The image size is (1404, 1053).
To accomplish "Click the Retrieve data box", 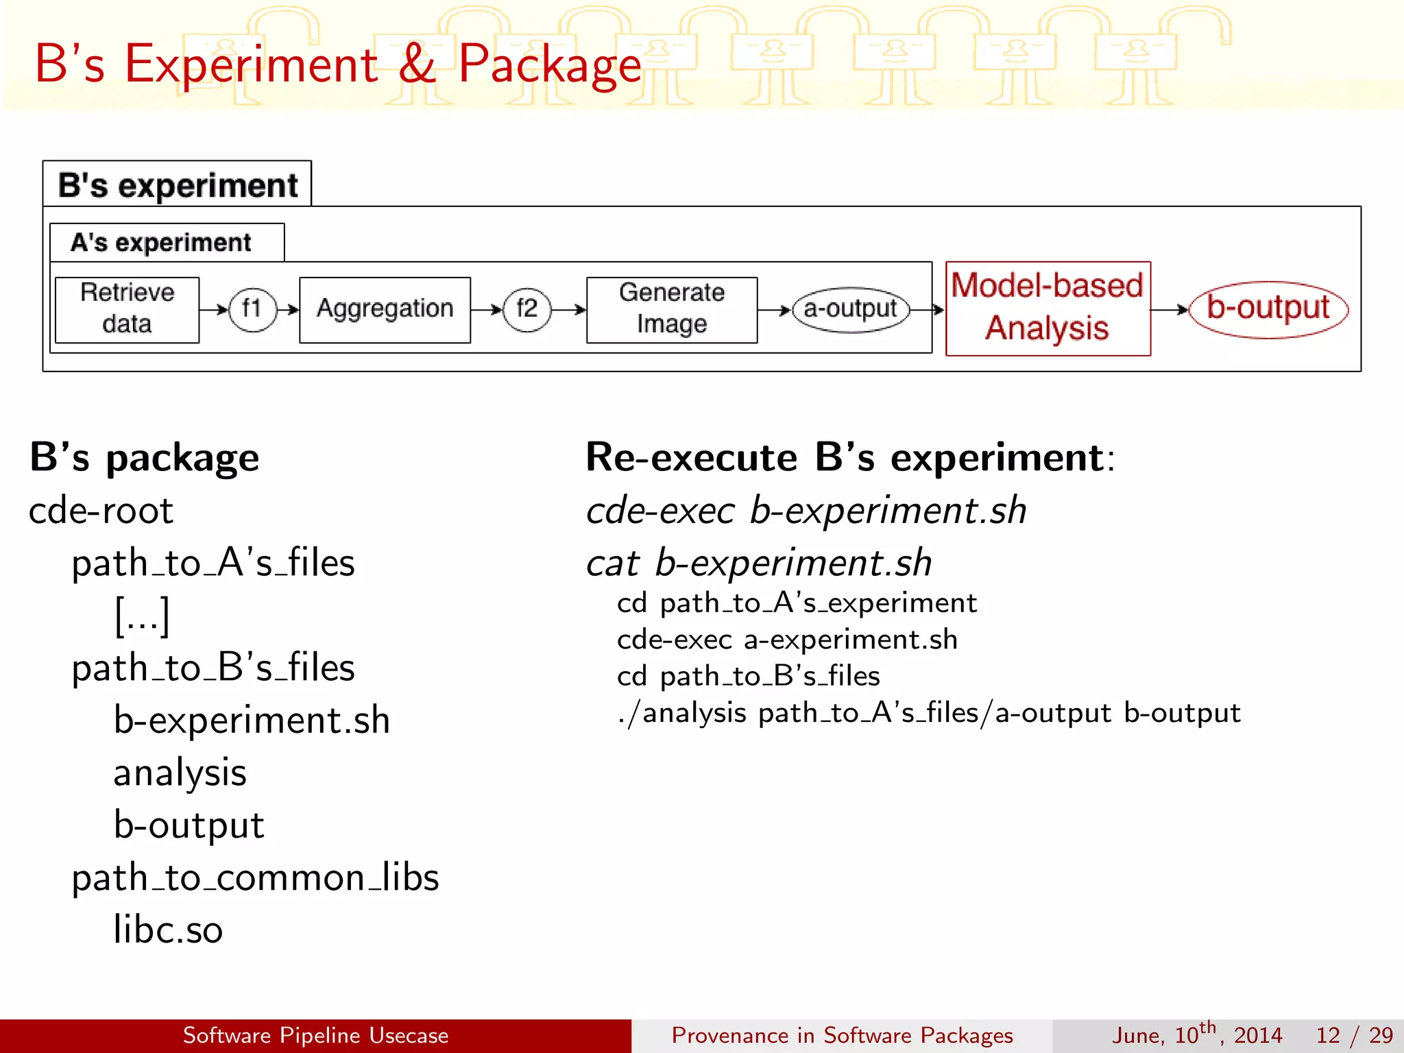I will click(x=127, y=309).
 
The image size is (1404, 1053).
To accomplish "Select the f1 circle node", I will click(x=252, y=309).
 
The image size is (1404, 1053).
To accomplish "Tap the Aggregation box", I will click(x=385, y=309).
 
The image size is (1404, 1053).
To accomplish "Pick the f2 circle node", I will click(x=526, y=309).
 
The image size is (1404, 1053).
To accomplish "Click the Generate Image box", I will click(x=672, y=309).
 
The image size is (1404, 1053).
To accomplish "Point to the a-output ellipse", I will click(x=850, y=309).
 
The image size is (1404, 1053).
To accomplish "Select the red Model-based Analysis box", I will click(x=1048, y=308).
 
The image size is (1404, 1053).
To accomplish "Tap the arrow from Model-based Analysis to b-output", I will click(x=1169, y=310).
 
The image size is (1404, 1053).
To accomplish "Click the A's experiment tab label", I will click(x=161, y=243).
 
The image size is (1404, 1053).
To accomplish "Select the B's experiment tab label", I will click(x=178, y=185).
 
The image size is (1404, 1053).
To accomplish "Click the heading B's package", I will click(x=145, y=457).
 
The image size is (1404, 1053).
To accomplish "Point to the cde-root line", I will click(x=101, y=511).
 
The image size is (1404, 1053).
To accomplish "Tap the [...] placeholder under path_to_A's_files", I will click(x=142, y=615).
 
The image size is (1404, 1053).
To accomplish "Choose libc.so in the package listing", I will click(x=168, y=930).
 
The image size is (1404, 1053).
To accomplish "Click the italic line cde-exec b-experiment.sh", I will click(x=806, y=511).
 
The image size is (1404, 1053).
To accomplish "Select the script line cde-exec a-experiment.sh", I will click(x=787, y=640).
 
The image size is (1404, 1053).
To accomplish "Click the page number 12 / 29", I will click(x=1354, y=1035).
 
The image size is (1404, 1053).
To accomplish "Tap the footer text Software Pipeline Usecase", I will click(x=315, y=1035).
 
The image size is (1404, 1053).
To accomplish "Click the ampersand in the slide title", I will click(x=417, y=64).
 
